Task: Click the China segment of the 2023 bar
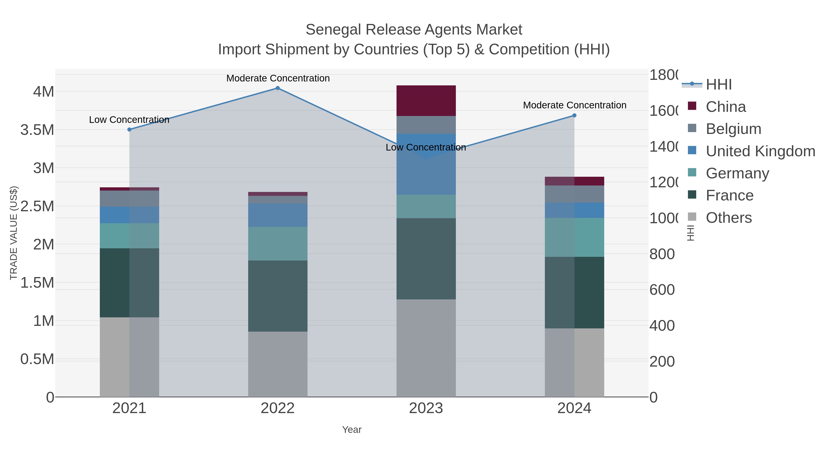(426, 101)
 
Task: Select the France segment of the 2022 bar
(278, 296)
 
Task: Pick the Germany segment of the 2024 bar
(574, 237)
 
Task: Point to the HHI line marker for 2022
(278, 88)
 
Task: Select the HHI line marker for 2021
(129, 130)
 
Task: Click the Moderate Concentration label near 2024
(574, 105)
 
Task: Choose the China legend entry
(725, 107)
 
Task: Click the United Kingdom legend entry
(760, 151)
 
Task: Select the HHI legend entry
(719, 85)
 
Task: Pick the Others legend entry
(728, 218)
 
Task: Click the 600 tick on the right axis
(661, 290)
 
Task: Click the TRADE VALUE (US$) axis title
(14, 233)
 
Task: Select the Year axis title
(352, 430)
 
